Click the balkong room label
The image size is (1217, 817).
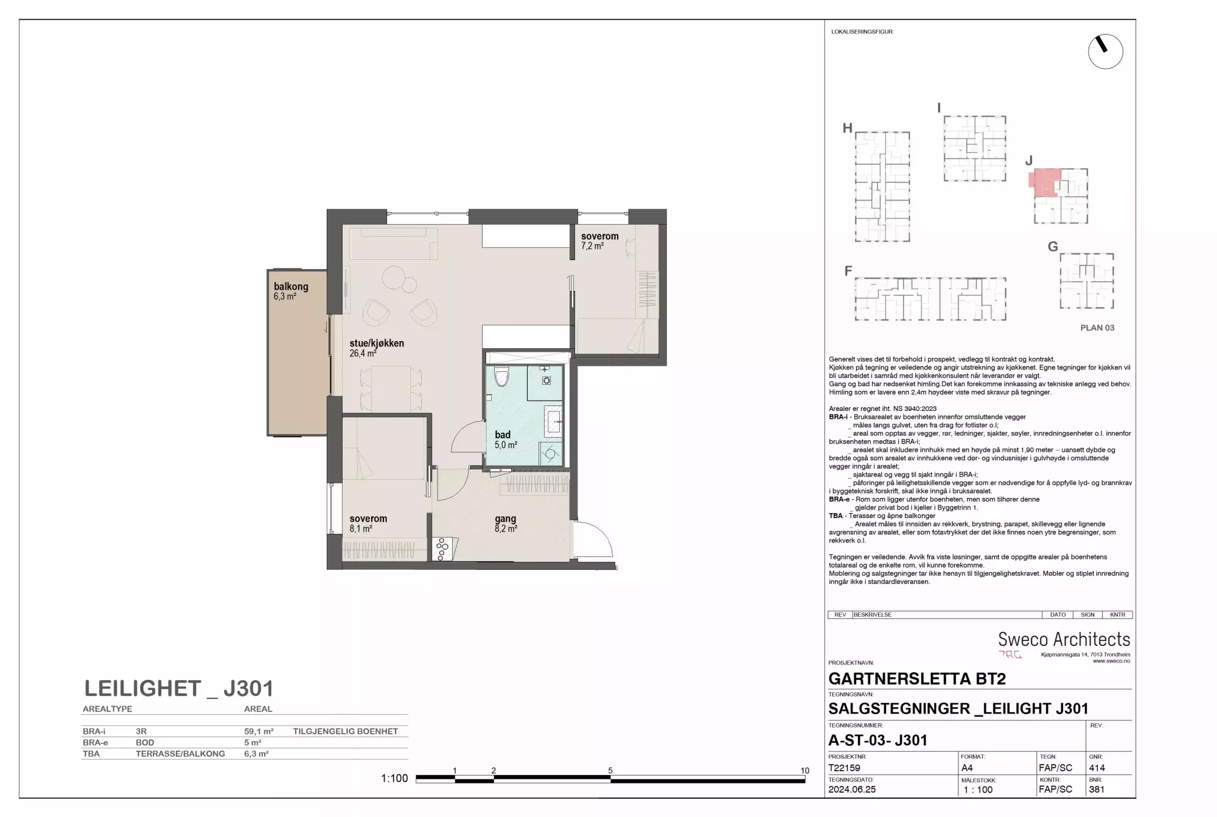pyautogui.click(x=291, y=286)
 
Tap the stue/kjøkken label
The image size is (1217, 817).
pyautogui.click(x=377, y=343)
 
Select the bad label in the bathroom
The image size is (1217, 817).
pyautogui.click(x=503, y=435)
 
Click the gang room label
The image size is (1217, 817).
pyautogui.click(x=506, y=519)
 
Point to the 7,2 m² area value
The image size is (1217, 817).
pyautogui.click(x=592, y=246)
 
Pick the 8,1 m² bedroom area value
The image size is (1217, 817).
pyautogui.click(x=361, y=528)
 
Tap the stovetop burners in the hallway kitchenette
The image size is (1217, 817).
pyautogui.click(x=442, y=549)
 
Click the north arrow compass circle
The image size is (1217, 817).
pyautogui.click(x=1106, y=51)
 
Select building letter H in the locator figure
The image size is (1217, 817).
pyautogui.click(x=847, y=128)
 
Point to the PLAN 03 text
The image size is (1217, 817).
pyautogui.click(x=1097, y=328)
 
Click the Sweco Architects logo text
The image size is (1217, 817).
pyautogui.click(x=1064, y=639)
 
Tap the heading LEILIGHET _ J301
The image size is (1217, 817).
pyautogui.click(x=179, y=689)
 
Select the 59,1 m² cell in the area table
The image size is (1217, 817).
pyautogui.click(x=259, y=731)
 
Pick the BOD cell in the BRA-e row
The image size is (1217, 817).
pyautogui.click(x=145, y=743)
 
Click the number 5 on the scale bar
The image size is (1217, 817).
pyautogui.click(x=610, y=771)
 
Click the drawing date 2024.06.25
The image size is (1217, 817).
pyautogui.click(x=852, y=790)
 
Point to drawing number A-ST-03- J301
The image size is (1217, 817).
pyautogui.click(x=878, y=740)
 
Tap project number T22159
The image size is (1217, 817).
pyautogui.click(x=844, y=768)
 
